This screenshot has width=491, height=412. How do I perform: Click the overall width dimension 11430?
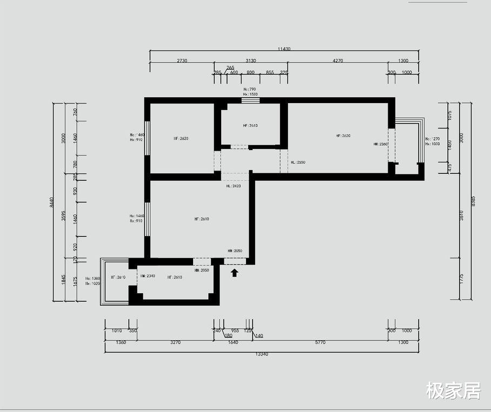coord(284,49)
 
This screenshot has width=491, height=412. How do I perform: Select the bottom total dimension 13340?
coord(261,354)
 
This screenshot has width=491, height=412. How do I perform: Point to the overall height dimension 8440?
coord(52,202)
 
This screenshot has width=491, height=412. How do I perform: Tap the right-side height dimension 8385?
coord(473,201)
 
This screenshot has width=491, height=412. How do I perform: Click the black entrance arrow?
coord(235,273)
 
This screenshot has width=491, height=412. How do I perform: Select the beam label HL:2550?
coord(298,162)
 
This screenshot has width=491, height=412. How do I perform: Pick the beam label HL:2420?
coord(233,186)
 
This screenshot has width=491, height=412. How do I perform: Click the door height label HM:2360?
coord(381,144)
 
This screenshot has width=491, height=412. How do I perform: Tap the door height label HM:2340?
coord(148,276)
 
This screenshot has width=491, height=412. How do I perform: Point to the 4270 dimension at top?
coord(338,61)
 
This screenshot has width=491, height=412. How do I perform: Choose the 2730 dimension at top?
coord(182,61)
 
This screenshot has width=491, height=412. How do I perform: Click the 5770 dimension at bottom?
coord(320,342)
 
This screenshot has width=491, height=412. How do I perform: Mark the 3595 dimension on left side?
coord(63,216)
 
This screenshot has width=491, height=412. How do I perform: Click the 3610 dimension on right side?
coord(461,216)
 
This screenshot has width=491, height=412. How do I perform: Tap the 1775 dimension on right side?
coord(461,279)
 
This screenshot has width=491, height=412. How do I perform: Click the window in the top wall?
coord(250,100)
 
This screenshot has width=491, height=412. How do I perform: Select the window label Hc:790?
coord(249,89)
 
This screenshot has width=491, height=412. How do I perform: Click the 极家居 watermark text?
coord(453,390)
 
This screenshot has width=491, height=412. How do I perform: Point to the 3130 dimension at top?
coord(251,61)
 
